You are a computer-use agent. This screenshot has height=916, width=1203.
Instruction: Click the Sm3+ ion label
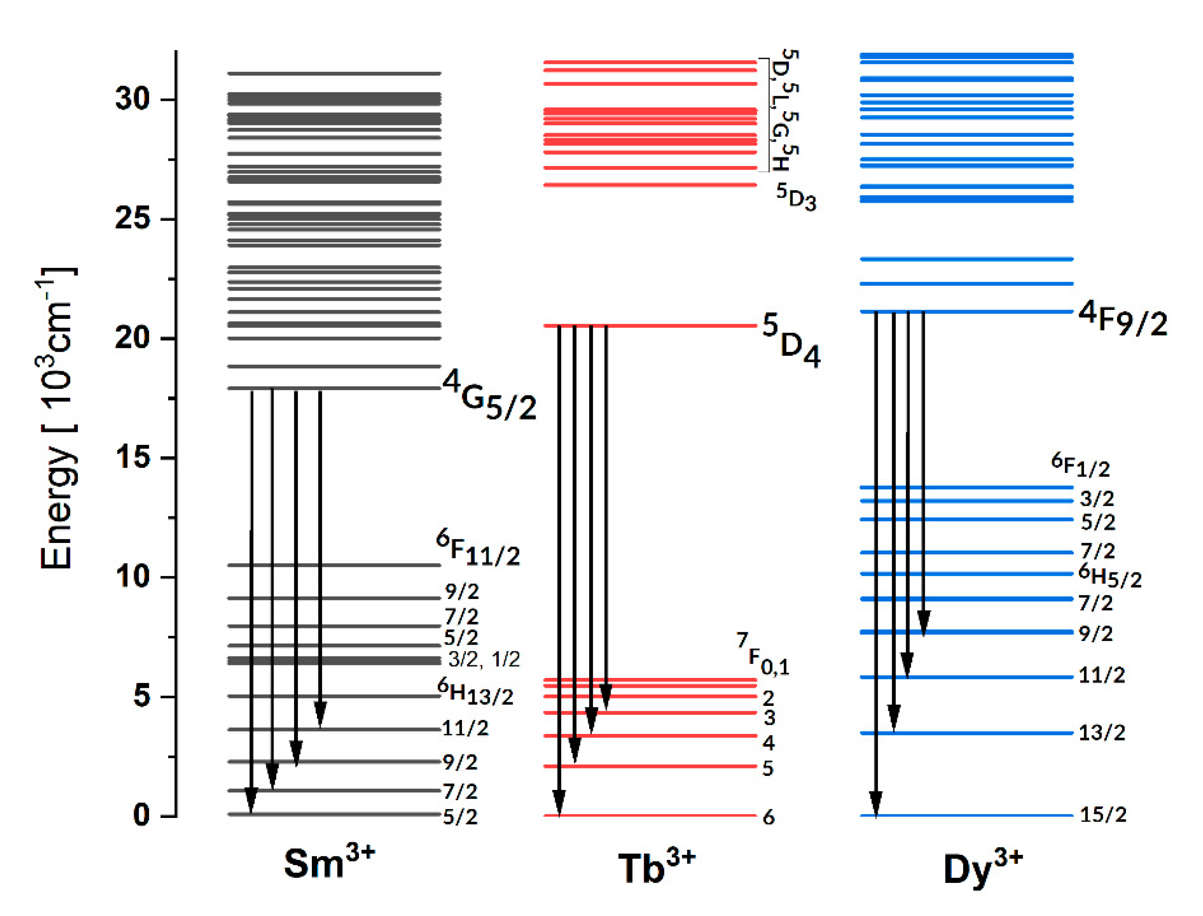point(329,863)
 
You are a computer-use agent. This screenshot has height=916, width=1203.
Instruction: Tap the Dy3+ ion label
point(982,867)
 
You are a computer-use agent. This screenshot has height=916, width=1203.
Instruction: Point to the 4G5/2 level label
point(489,395)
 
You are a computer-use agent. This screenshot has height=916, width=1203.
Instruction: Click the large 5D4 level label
point(790,341)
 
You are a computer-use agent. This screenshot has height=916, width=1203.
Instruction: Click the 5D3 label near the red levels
point(796,197)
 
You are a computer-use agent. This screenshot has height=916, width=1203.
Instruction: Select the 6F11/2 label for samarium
point(478,548)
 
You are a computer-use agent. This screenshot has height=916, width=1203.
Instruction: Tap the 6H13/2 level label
point(475,692)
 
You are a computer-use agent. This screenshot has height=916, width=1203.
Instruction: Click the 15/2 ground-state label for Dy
point(1102,815)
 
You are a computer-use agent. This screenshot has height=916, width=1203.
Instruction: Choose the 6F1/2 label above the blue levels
point(1080,465)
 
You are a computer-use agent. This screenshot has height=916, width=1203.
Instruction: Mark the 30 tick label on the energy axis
point(132,99)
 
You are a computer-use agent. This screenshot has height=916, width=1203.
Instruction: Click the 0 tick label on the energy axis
point(141,816)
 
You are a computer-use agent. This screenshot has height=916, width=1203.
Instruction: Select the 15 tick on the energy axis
point(132,457)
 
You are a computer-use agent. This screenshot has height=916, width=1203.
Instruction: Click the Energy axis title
point(57,419)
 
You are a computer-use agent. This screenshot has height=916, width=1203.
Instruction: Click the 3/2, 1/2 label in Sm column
point(484,659)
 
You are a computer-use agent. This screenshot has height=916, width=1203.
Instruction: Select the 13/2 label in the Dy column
point(1102,733)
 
